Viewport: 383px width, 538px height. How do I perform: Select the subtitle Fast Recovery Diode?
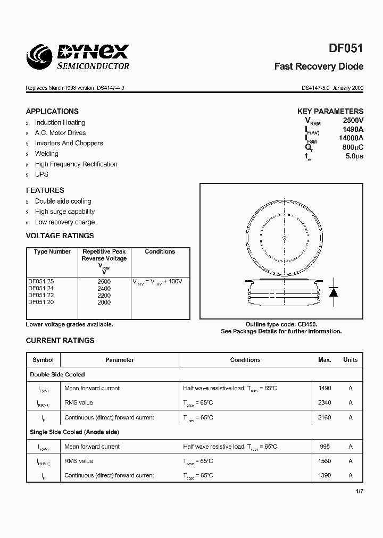click(319, 66)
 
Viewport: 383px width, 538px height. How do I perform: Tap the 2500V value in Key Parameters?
click(353, 121)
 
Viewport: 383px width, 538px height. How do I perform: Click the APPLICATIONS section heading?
click(52, 111)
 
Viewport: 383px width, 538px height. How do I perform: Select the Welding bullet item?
click(47, 154)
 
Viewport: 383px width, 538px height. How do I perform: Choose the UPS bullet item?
click(41, 174)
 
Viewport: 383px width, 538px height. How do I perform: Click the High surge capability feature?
click(65, 212)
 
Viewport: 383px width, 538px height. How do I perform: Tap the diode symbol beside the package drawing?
click(334, 291)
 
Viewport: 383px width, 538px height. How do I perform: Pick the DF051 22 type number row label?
click(41, 295)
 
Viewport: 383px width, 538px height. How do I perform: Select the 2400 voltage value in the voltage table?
click(104, 288)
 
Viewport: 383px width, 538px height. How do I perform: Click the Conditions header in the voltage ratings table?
click(160, 251)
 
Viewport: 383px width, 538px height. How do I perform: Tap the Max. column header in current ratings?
click(324, 360)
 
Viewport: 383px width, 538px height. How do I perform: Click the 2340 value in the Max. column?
click(324, 403)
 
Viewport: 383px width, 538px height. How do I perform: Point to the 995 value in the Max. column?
click(324, 447)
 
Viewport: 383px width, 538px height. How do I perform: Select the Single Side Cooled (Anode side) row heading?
click(74, 432)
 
